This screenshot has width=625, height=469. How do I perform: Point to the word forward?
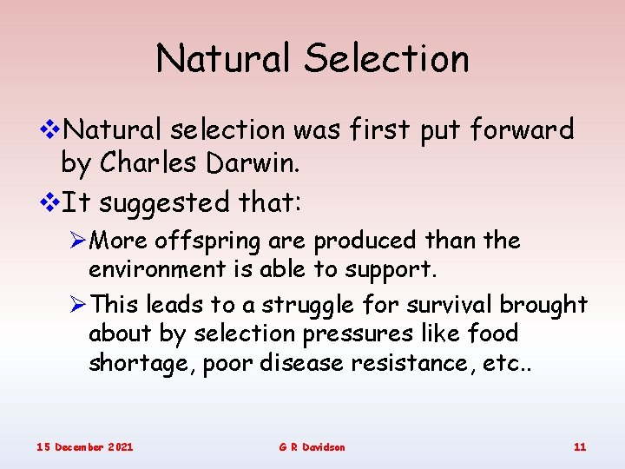click(522, 130)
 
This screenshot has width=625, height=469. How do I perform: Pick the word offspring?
click(202, 241)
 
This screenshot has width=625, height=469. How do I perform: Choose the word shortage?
click(141, 364)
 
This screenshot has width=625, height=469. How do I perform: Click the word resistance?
click(419, 363)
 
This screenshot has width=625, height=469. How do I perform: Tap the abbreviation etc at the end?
click(516, 363)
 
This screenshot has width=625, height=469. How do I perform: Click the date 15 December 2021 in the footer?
click(84, 446)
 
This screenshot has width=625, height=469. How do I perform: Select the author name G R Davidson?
click(312, 446)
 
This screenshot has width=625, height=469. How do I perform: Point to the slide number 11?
click(580, 446)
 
